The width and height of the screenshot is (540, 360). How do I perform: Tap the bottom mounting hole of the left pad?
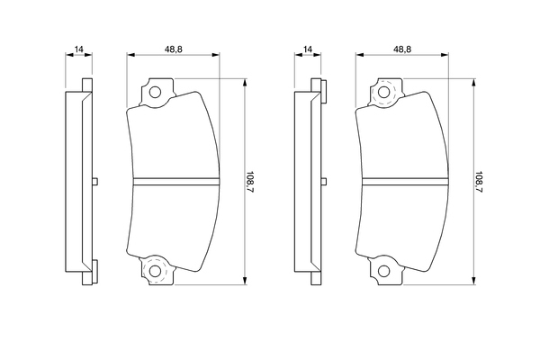pos(154,270)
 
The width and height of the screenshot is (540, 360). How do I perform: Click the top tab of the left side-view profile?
pos(87,85)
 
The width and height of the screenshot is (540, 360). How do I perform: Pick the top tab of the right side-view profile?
pos(315,85)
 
